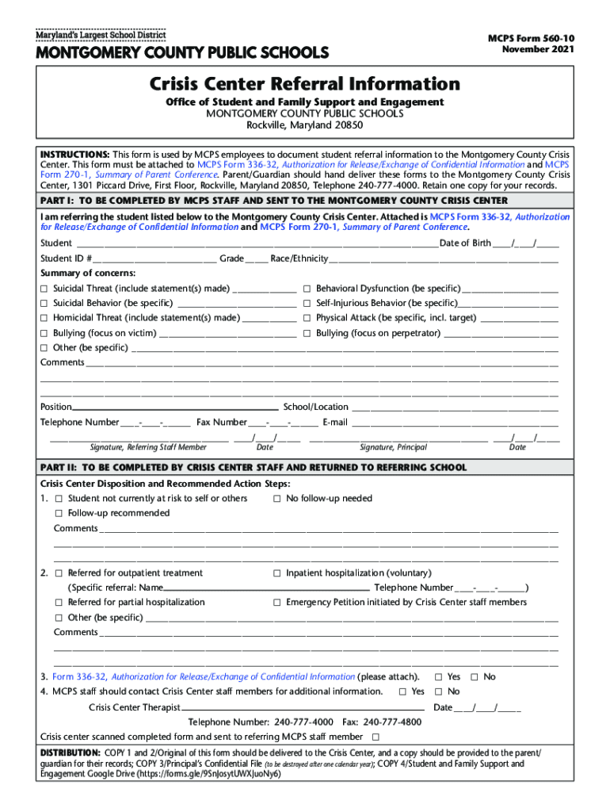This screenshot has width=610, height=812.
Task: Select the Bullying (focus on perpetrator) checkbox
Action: (307, 333)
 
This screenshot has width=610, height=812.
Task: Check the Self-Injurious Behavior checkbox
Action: (307, 304)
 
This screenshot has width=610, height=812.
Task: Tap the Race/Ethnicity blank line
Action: (444, 259)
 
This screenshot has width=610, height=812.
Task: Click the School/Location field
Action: (455, 407)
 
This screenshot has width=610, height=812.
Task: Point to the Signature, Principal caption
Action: (393, 447)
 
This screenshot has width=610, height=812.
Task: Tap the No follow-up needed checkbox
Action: (277, 499)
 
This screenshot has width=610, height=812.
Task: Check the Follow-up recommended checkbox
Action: (59, 514)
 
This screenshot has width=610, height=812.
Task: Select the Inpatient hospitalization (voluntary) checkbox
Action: (277, 573)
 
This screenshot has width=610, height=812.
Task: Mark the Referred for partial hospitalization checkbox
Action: (59, 603)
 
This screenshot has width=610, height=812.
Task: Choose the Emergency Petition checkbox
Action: (277, 603)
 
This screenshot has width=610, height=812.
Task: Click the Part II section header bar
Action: (305, 468)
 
